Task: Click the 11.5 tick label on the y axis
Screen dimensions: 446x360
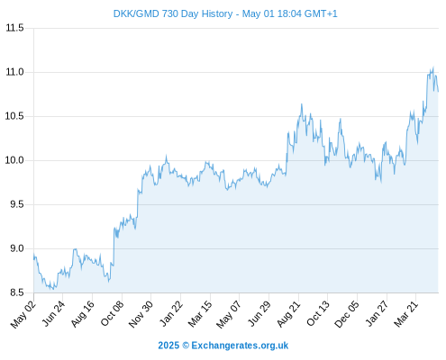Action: tap(14, 28)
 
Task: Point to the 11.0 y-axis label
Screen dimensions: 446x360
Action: tap(14, 72)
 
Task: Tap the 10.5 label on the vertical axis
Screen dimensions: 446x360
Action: tap(14, 116)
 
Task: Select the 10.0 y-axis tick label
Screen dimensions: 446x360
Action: tap(14, 160)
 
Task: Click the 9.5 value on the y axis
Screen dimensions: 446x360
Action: tap(17, 204)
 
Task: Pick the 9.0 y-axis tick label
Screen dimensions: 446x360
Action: tap(17, 248)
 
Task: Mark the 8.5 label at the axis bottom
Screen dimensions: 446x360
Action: tap(17, 292)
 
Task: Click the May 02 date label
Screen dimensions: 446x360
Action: tap(23, 314)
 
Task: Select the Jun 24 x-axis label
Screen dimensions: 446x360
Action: tap(53, 313)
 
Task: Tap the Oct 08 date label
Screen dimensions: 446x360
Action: tap(112, 313)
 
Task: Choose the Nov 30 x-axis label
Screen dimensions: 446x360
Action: tap(141, 314)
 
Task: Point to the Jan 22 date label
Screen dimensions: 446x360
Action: tap(171, 313)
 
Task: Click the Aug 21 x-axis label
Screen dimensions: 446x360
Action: tap(288, 313)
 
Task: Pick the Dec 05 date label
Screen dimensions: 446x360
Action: tap(347, 314)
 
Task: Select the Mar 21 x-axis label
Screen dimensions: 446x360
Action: tap(406, 313)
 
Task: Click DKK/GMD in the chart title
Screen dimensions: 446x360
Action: tap(136, 13)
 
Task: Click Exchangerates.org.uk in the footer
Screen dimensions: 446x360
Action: tap(240, 346)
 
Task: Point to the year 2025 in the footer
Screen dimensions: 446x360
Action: tap(168, 346)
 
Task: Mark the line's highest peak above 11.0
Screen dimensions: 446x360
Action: tap(433, 67)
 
